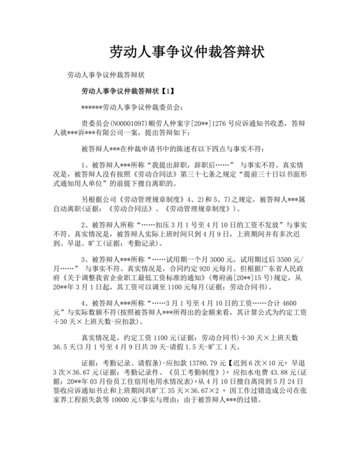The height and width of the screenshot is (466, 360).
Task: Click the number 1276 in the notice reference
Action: click(x=219, y=123)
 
